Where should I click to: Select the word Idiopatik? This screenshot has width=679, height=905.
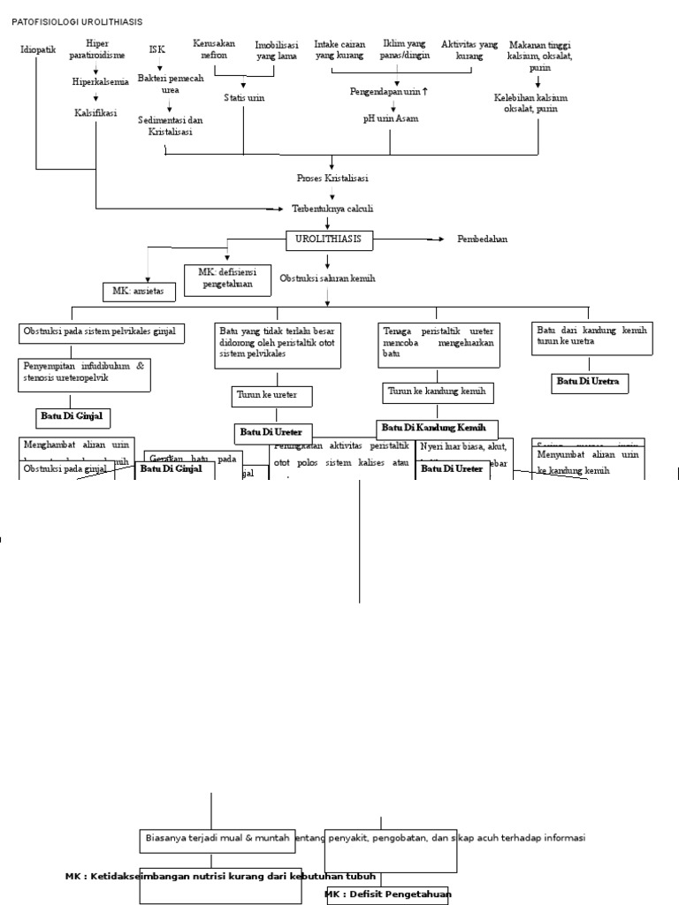pyautogui.click(x=38, y=49)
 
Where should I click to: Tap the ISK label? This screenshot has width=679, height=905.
pyautogui.click(x=156, y=49)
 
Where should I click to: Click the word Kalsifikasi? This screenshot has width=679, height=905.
pyautogui.click(x=95, y=113)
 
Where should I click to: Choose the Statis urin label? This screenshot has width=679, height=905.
pyautogui.click(x=244, y=97)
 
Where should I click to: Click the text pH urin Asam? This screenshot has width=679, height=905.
pyautogui.click(x=390, y=118)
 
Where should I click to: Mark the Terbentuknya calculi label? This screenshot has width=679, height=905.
pyautogui.click(x=332, y=209)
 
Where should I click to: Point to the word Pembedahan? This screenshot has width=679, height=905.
pyautogui.click(x=482, y=240)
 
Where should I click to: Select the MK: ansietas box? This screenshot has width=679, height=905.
pyautogui.click(x=139, y=291)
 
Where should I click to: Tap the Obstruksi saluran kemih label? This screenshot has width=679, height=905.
pyautogui.click(x=328, y=278)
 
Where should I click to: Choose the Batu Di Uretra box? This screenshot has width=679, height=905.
pyautogui.click(x=587, y=382)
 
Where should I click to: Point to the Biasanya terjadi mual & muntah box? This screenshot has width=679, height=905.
pyautogui.click(x=217, y=838)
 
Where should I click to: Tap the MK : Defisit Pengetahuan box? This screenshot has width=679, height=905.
pyautogui.click(x=387, y=894)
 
